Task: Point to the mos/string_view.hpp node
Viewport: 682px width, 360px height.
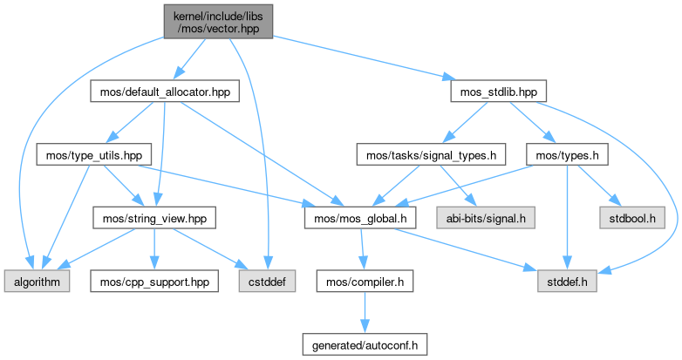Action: point(153,214)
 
